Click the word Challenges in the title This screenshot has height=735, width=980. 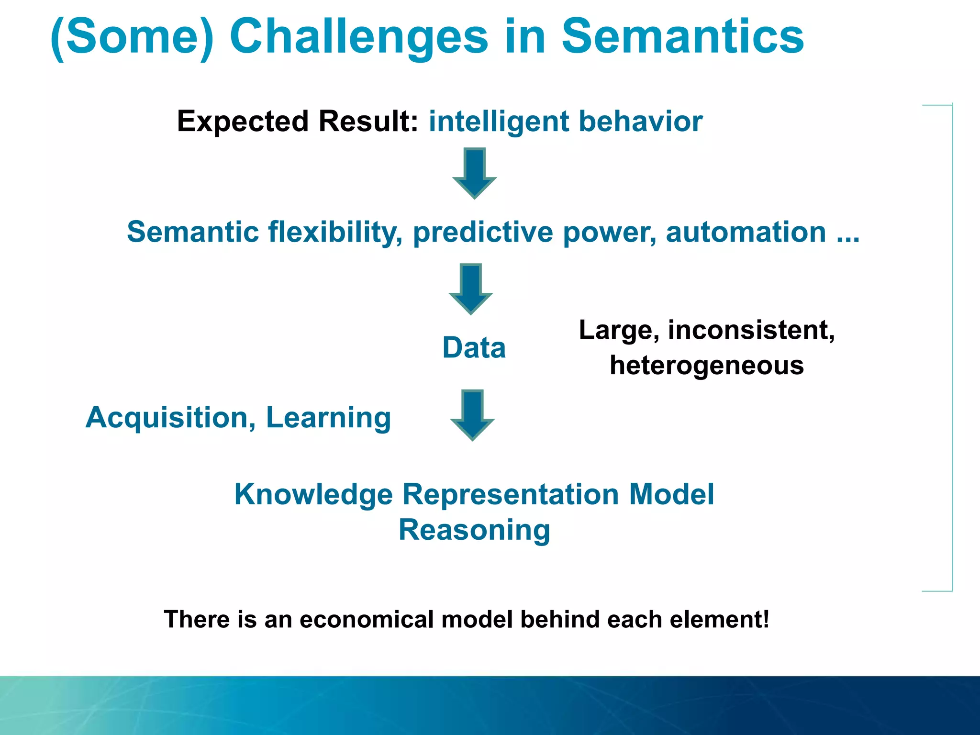[359, 37]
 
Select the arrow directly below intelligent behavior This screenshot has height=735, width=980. [474, 173]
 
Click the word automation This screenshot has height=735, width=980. [746, 233]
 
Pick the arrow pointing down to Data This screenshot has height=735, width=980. [470, 288]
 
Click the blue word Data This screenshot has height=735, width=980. [474, 347]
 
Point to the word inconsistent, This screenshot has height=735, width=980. [751, 330]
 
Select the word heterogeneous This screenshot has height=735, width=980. [707, 366]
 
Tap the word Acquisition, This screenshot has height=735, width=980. [171, 418]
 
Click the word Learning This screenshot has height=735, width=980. [328, 418]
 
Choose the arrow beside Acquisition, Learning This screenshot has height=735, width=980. [472, 414]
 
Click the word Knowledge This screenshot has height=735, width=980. [313, 494]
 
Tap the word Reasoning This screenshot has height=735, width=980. [474, 530]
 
